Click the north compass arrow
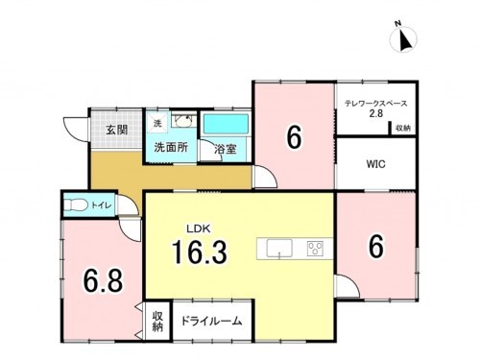404,39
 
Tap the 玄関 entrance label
117,129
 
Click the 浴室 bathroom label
225,149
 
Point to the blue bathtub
226,125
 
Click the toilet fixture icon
74,204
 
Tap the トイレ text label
100,204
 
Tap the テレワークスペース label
376,103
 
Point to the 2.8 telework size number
376,114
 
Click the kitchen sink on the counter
278,250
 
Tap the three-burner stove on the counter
315,250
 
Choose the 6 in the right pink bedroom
375,247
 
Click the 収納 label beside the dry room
157,321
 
